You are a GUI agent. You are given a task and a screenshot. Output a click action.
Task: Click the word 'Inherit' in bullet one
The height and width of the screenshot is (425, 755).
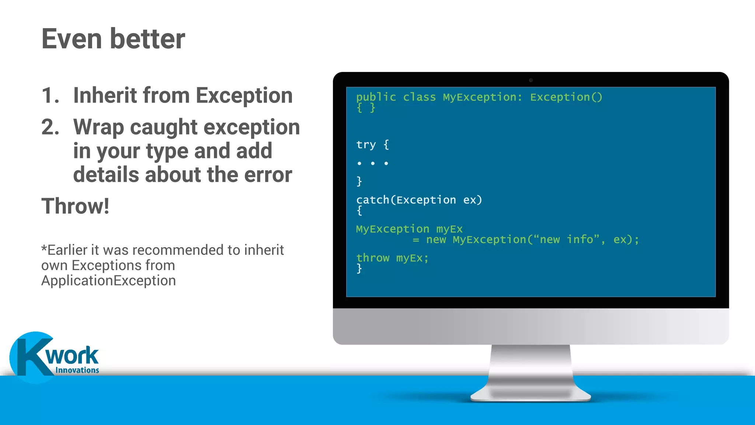105,96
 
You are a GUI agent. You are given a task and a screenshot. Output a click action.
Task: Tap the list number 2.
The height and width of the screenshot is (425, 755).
50,127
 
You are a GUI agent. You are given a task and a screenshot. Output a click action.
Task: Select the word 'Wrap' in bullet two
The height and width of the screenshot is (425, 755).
98,127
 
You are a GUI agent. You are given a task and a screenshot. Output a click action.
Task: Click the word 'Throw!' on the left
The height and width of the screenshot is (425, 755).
75,206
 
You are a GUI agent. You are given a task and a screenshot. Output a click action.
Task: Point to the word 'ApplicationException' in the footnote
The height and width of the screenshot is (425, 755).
108,281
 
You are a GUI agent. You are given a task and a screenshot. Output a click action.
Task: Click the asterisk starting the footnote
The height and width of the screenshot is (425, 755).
44,248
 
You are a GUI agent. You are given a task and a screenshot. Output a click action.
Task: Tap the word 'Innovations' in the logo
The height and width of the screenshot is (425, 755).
77,370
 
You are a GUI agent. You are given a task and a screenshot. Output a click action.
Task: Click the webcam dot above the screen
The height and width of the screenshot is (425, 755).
531,80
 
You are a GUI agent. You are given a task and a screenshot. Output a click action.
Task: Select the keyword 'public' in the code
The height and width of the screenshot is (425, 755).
376,97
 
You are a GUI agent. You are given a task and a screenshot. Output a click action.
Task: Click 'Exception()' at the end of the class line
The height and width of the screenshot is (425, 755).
566,97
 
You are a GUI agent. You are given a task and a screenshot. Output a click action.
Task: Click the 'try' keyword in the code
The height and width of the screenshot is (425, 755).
366,145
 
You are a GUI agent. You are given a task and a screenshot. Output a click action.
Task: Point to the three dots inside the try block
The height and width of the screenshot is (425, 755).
373,163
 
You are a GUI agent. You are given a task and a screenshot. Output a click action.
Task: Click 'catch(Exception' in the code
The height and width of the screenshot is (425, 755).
406,200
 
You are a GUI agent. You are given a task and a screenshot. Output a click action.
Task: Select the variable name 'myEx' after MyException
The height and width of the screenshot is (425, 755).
449,229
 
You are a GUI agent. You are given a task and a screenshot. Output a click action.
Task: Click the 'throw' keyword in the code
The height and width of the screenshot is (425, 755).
373,258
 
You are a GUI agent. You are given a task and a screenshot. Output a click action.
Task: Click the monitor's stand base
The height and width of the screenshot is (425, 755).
531,395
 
